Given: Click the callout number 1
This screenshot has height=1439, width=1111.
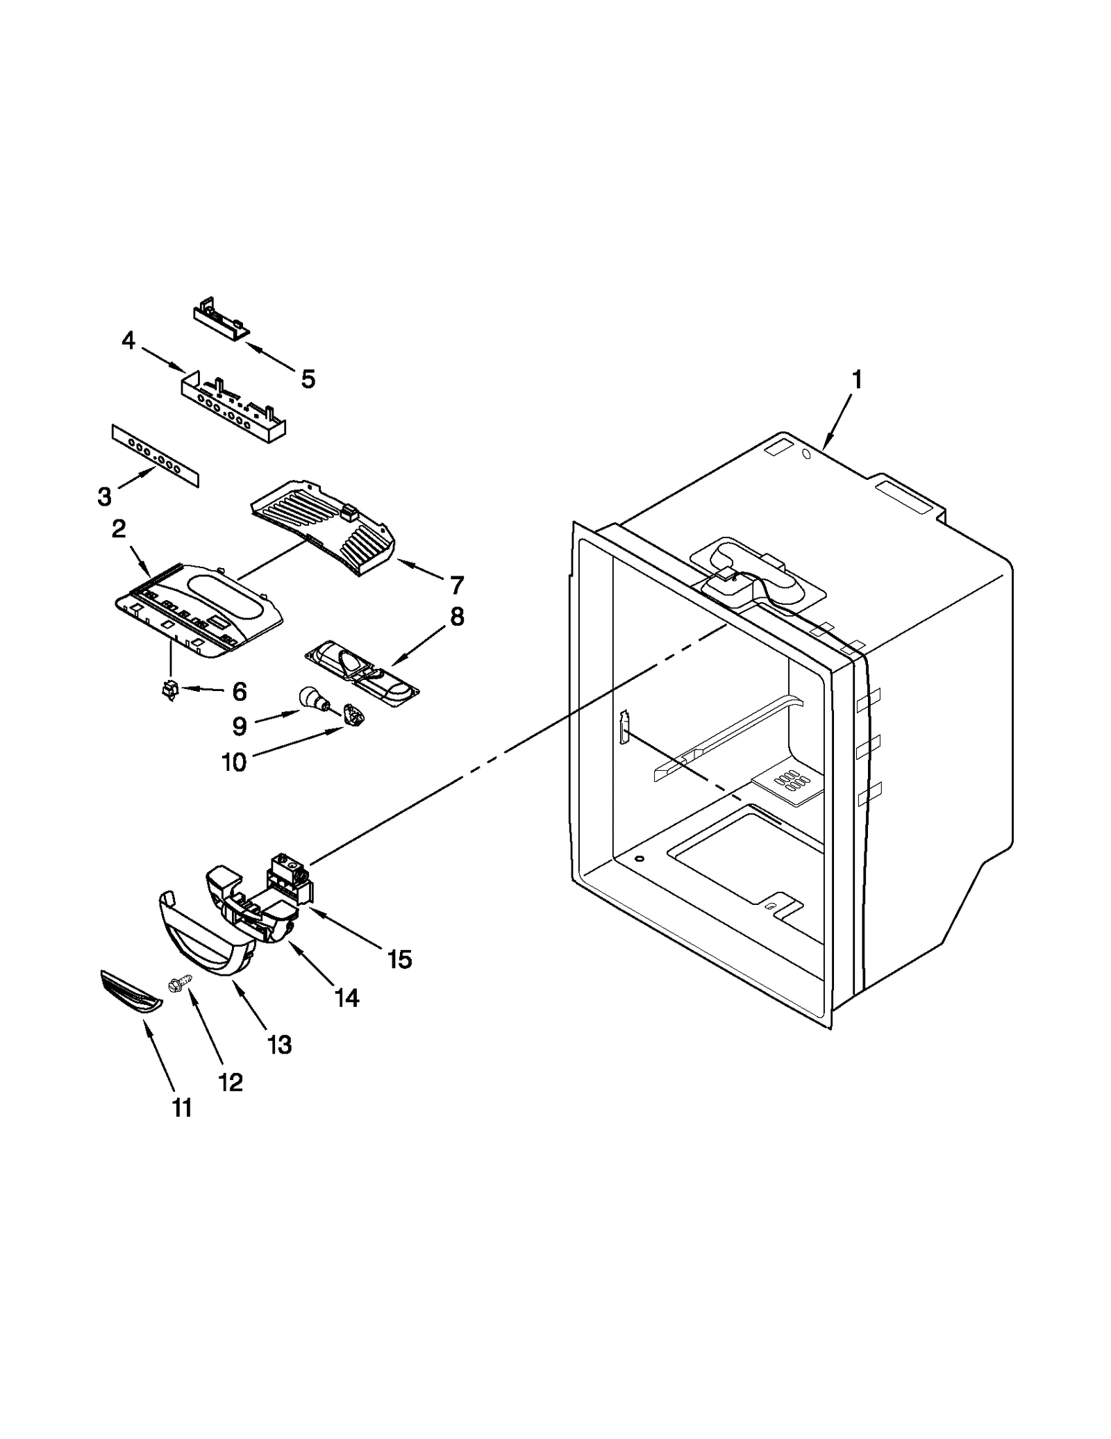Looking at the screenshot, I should click(858, 380).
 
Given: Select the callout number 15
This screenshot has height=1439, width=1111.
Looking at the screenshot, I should click(401, 959).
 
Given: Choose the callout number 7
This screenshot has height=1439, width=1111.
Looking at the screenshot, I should click(456, 585).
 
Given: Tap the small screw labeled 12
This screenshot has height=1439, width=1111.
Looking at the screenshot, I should click(174, 983).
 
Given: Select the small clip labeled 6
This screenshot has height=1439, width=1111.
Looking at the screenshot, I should click(169, 690).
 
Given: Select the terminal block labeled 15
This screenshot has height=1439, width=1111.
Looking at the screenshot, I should click(291, 880).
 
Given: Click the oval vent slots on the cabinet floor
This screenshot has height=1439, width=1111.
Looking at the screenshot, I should click(792, 783).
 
